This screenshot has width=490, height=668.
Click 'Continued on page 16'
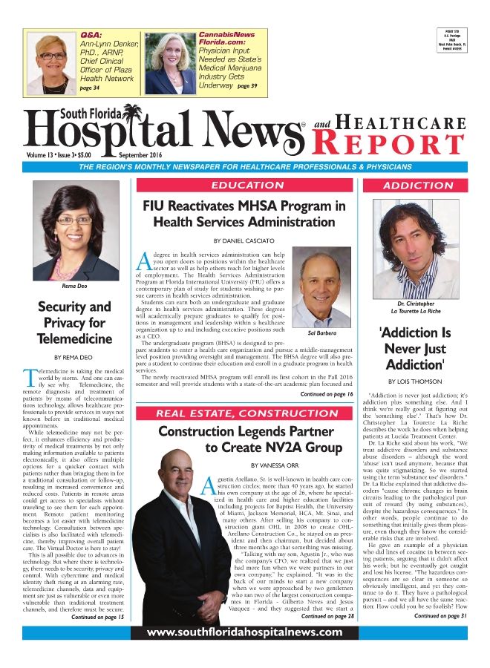tap(326, 395)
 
